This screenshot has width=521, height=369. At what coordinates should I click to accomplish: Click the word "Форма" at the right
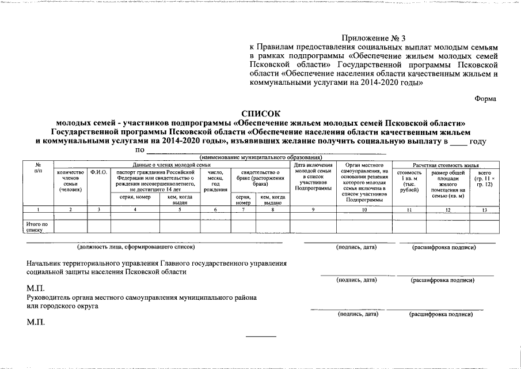(485, 99)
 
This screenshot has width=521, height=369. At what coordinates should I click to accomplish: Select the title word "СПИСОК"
(260, 114)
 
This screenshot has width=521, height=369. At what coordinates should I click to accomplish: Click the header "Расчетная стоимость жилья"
(444, 165)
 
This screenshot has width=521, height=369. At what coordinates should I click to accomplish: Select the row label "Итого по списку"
(37, 227)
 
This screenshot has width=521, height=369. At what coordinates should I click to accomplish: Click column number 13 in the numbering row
(484, 209)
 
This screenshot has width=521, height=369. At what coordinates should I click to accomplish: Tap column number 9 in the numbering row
(313, 209)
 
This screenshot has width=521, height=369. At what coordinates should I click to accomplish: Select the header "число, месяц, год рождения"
(215, 180)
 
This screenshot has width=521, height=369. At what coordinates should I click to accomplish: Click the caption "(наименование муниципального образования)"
(260, 158)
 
